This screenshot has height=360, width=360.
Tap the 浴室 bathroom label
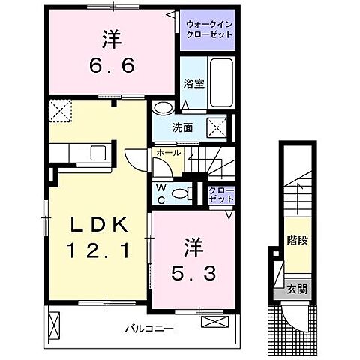tap(193, 85)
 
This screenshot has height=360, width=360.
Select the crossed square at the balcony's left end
tap(54, 323)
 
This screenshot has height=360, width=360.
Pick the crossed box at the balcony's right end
tap(213, 322)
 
